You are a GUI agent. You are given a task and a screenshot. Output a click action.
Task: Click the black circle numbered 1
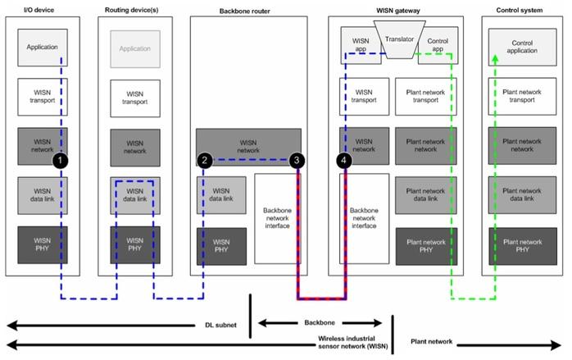(x=60, y=162)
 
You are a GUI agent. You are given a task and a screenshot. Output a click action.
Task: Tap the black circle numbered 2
(x=204, y=161)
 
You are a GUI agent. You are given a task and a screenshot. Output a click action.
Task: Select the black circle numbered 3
(x=297, y=161)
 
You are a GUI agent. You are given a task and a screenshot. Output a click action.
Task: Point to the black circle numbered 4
(x=344, y=162)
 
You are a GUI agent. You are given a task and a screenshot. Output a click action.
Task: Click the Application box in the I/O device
(x=41, y=48)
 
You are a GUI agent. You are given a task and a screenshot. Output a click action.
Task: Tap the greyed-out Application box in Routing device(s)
(x=135, y=48)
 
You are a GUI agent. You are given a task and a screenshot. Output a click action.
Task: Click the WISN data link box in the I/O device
(x=41, y=194)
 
